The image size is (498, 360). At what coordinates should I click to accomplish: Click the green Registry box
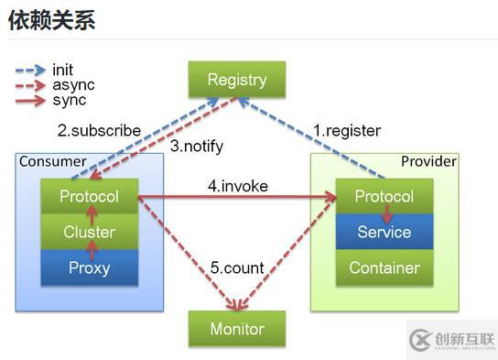pyautogui.click(x=237, y=80)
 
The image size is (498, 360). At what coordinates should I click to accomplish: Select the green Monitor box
pyautogui.click(x=237, y=329)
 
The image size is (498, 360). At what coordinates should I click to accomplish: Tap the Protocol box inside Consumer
pyautogui.click(x=90, y=196)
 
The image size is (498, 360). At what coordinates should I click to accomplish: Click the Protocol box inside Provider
pyautogui.click(x=384, y=196)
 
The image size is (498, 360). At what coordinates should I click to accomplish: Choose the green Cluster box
pyautogui.click(x=90, y=232)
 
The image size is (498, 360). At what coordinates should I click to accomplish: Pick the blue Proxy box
pyautogui.click(x=90, y=267)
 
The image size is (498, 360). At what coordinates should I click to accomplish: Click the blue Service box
pyautogui.click(x=384, y=232)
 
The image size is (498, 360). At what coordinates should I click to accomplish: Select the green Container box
pyautogui.click(x=384, y=267)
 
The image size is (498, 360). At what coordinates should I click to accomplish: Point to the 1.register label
pyautogui.click(x=347, y=130)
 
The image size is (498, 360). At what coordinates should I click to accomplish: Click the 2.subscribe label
pyautogui.click(x=99, y=130)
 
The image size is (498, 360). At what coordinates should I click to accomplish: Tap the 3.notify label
pyautogui.click(x=196, y=147)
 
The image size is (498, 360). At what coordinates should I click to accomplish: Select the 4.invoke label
pyautogui.click(x=238, y=186)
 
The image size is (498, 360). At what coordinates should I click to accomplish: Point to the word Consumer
pyautogui.click(x=53, y=162)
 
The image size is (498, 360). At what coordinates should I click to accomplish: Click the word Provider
pyautogui.click(x=428, y=162)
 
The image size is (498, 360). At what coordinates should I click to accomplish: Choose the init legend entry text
pyautogui.click(x=63, y=70)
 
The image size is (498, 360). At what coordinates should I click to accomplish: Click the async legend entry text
pyautogui.click(x=70, y=85)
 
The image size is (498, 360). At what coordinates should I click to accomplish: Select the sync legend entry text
pyautogui.click(x=69, y=100)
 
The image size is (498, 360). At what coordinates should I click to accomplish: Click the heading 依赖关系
pyautogui.click(x=51, y=20)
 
